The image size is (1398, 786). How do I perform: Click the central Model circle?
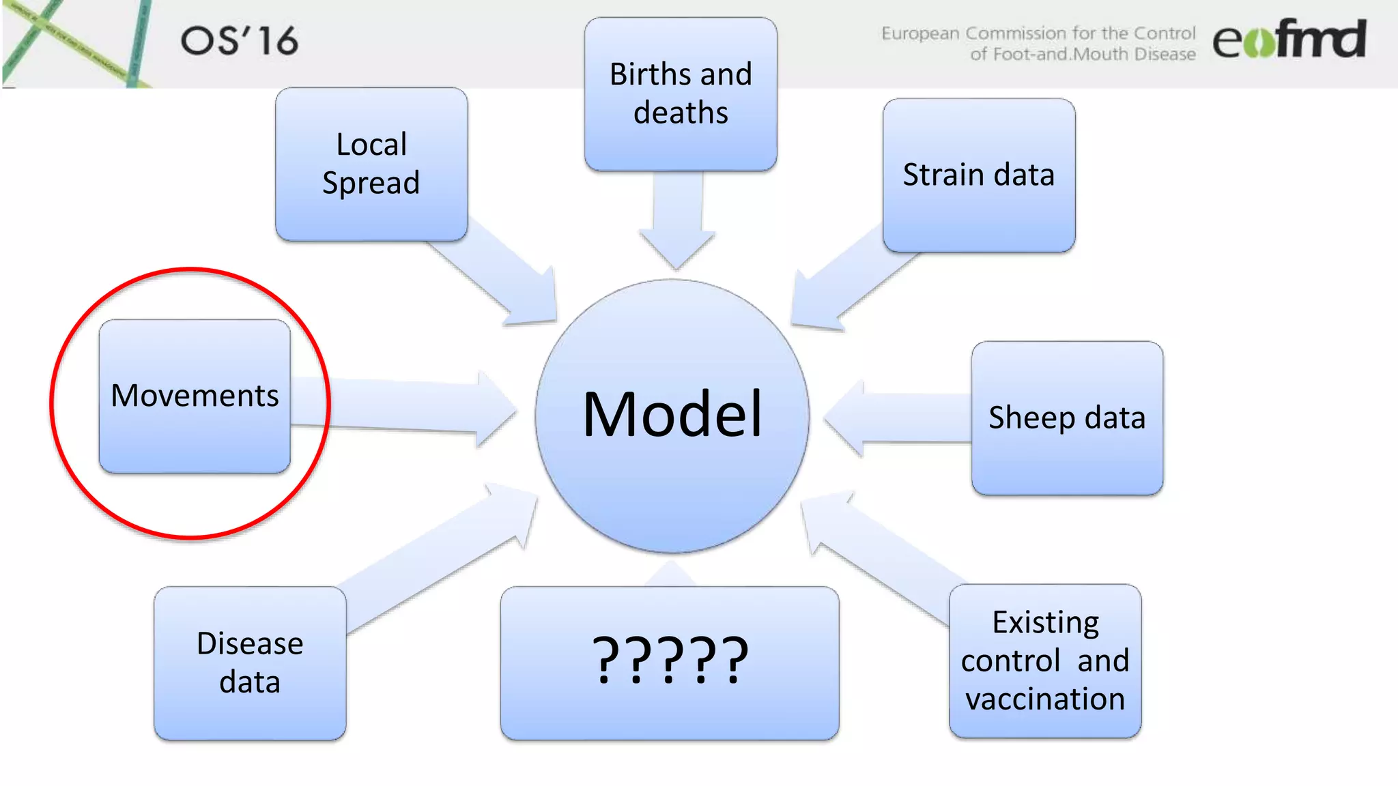672,416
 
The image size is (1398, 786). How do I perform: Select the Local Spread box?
371,164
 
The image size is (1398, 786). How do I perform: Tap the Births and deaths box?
681,94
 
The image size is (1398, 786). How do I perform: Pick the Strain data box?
978,175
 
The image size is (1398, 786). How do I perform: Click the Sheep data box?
1067,418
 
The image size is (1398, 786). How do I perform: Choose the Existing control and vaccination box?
1045,660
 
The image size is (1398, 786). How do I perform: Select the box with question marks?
670,663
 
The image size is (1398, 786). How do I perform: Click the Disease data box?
250,663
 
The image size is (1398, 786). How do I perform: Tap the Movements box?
195,396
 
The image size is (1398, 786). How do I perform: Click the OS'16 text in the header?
240,41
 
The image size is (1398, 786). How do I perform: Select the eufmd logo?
1289,40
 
